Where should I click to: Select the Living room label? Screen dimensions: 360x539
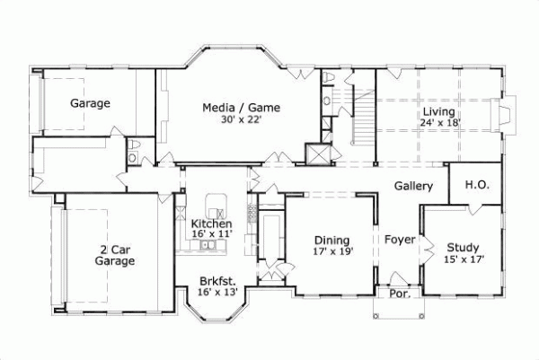click(x=439, y=111)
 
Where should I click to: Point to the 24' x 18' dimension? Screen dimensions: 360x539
click(x=439, y=122)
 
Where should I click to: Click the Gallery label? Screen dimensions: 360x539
click(x=413, y=187)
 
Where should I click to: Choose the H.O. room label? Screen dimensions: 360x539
click(x=476, y=185)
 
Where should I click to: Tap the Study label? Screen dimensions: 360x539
click(x=462, y=248)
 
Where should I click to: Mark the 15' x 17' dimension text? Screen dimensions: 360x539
click(x=464, y=259)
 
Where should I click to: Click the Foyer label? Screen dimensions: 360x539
click(x=400, y=240)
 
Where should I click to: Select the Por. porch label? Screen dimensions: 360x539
click(x=398, y=294)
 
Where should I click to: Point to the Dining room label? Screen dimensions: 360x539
click(x=331, y=240)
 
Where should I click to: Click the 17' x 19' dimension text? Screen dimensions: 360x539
click(x=331, y=251)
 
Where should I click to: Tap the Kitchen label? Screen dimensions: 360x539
click(x=212, y=224)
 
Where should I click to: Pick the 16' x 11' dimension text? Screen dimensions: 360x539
click(x=212, y=234)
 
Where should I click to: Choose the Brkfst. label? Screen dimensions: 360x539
click(x=217, y=281)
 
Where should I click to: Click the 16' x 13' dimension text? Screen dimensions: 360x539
click(x=217, y=292)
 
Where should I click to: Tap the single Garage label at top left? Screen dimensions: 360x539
click(x=90, y=103)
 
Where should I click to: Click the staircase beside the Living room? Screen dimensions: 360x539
click(x=363, y=117)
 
